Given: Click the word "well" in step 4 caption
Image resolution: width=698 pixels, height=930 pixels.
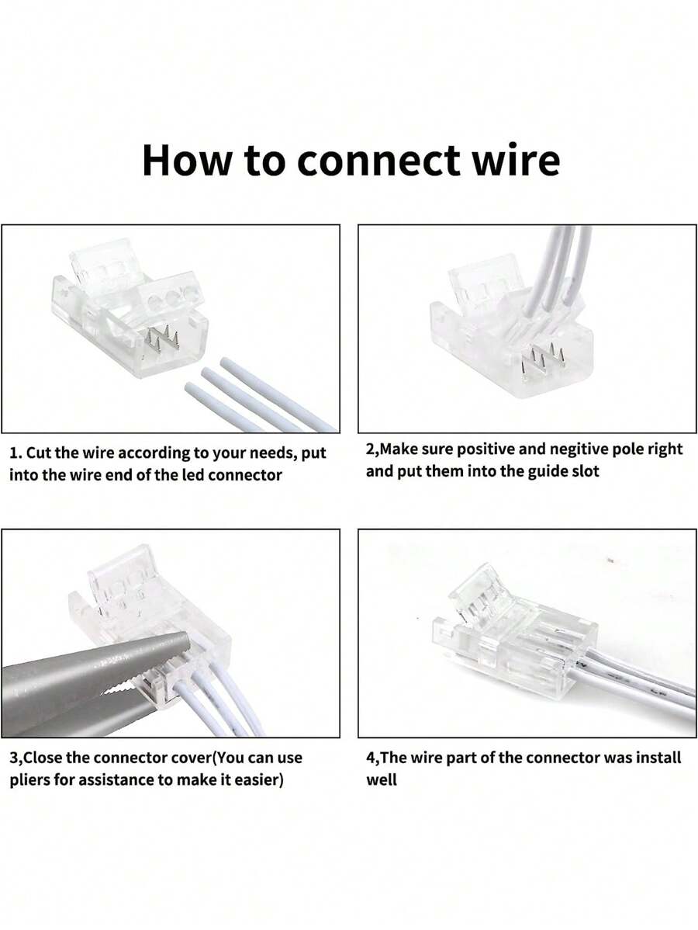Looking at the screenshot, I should [x=381, y=779].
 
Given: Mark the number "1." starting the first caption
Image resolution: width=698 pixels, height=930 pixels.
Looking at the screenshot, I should [x=16, y=453].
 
